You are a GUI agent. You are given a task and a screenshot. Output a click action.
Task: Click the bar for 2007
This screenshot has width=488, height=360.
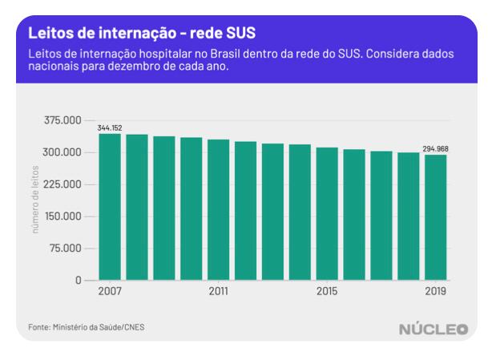point(110,207)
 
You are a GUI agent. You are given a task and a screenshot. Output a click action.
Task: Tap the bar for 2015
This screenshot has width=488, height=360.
point(327,214)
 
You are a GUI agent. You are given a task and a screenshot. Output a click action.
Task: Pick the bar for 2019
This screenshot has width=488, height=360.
point(435,217)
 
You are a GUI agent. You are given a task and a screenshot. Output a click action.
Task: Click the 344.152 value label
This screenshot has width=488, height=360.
point(109,128)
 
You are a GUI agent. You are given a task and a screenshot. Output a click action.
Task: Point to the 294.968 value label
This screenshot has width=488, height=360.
point(436,149)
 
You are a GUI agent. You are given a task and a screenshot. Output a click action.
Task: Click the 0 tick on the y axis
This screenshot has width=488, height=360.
point(79,280)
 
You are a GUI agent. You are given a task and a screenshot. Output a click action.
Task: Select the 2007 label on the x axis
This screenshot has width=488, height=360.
point(110,291)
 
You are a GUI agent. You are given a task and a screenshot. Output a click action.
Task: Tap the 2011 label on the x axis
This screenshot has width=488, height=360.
point(218,291)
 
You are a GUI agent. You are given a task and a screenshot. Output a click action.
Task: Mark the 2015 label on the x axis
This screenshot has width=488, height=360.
point(327,291)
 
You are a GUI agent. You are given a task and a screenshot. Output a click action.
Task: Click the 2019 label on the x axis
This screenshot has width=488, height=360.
point(435,291)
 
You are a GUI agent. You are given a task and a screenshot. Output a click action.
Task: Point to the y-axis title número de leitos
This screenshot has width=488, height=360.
point(35,200)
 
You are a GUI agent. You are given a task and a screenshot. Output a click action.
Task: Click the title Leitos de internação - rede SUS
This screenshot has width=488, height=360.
point(132,34)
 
